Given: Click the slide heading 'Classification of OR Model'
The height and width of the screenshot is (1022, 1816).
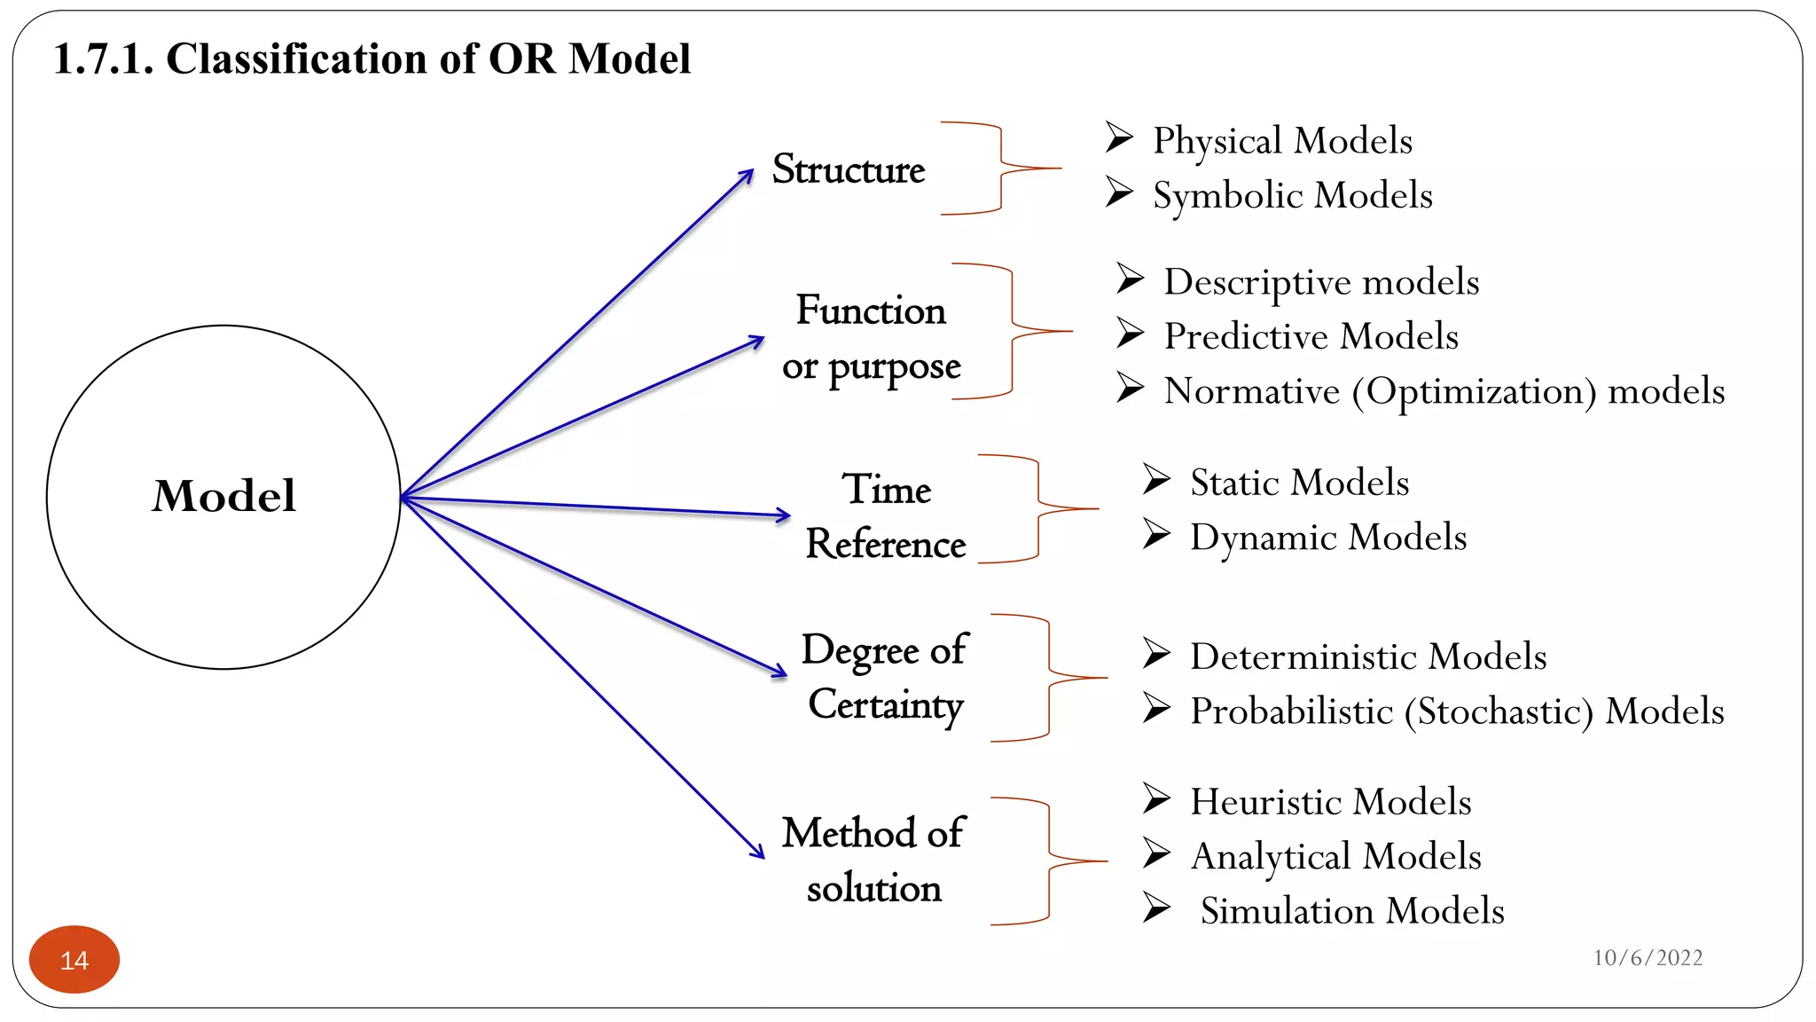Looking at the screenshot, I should pos(372,59).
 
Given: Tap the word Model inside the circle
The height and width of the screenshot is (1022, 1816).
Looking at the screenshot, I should pos(223,495).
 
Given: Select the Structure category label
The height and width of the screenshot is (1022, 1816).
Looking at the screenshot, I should pos(849,169).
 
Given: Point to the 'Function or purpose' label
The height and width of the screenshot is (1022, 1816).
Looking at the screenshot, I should pos(871,338).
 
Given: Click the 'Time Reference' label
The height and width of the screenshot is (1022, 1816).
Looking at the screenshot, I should pos(886,516).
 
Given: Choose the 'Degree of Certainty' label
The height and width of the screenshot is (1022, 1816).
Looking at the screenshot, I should pos(885,676).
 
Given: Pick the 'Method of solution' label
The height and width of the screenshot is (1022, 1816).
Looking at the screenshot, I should pos(873,860).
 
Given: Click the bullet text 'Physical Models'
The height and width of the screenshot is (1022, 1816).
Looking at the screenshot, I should pos(1282,140).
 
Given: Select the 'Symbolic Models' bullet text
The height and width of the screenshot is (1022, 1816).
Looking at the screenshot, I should pos(1292,195).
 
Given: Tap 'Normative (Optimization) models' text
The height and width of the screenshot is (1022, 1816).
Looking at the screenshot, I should pos(1444,391).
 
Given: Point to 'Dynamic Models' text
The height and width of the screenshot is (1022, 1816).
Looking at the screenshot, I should pos(1327,537).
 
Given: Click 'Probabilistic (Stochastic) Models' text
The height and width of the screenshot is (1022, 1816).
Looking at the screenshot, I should pos(1457,711).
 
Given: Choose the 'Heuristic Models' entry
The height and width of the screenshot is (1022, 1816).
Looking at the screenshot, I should pos(1330,801).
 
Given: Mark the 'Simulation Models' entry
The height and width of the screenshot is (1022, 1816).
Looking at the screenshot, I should pos(1352,911).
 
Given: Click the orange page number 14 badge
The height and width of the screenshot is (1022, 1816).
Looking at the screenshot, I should pos(74,960).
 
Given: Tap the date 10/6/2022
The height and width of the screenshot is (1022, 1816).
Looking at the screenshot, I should pos(1648,958).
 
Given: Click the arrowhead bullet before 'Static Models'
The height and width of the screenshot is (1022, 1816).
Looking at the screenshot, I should pos(1156,479).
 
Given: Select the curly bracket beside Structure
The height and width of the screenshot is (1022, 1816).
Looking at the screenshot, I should pos(1002,169).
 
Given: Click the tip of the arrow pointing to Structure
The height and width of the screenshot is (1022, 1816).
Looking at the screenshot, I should pos(752,170).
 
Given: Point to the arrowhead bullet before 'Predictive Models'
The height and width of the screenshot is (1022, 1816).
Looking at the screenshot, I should pos(1130,333).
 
